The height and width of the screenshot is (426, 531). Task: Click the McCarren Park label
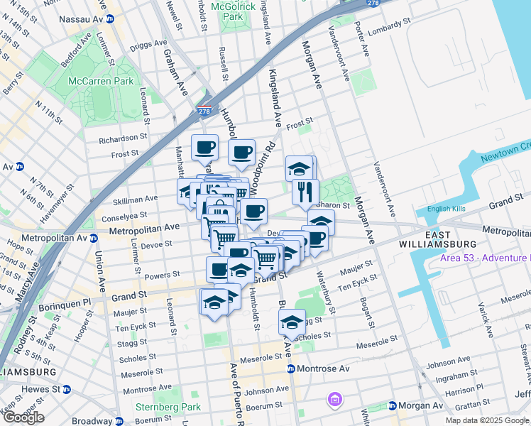[101, 81]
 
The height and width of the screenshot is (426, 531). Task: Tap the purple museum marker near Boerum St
[334, 400]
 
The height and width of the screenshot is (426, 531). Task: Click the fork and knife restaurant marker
[305, 191]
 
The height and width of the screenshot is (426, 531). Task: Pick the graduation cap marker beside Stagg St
[291, 322]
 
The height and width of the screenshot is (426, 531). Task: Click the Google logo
[23, 417]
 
